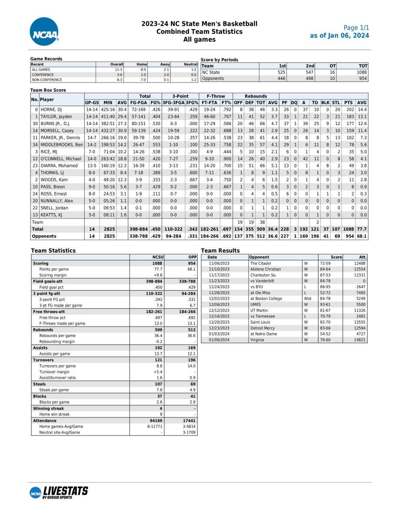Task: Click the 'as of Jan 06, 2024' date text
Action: [339, 36]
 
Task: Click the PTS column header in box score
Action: [348, 103]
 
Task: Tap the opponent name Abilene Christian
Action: [266, 269]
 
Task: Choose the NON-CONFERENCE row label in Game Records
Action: [47, 80]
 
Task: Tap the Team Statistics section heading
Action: [53, 251]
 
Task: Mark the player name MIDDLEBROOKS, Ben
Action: [61, 145]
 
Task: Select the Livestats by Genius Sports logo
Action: [59, 492]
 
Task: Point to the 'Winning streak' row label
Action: [48, 408]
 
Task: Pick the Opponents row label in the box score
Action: [44, 236]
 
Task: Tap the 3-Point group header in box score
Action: [180, 96]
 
